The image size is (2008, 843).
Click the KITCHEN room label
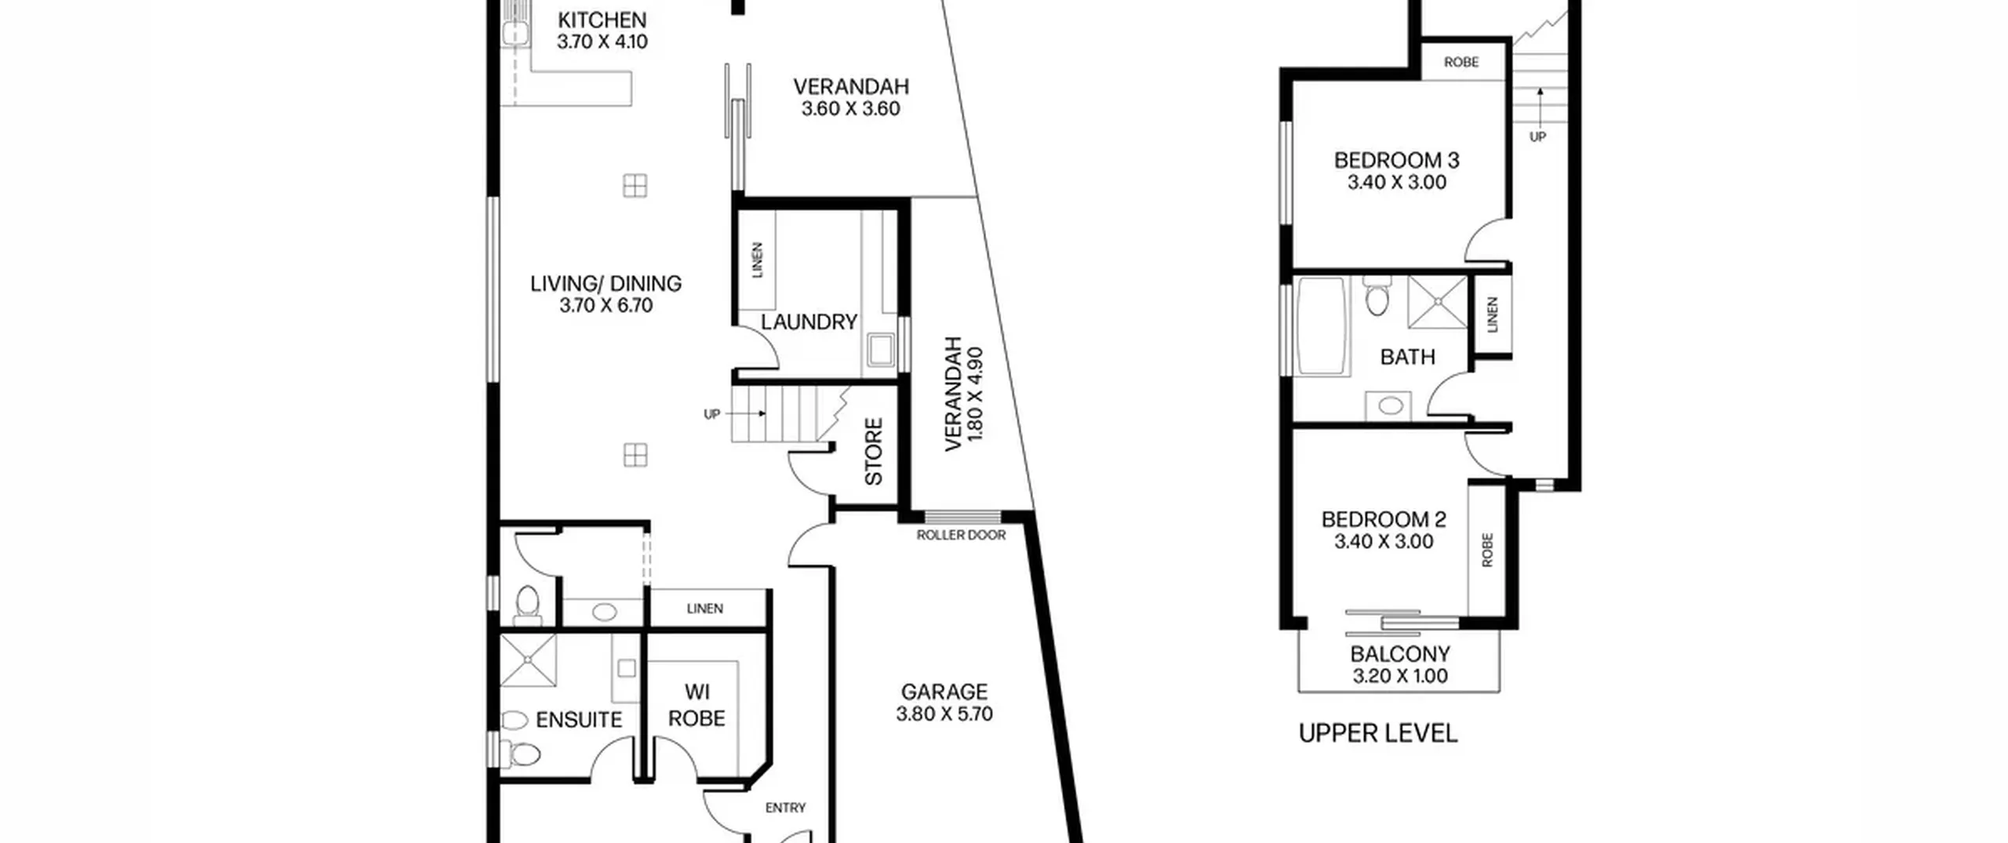[602, 20]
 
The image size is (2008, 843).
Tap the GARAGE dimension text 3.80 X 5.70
[944, 714]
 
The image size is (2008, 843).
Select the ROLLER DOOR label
[961, 535]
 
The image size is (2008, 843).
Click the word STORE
[874, 451]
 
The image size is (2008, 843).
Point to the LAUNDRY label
[809, 322]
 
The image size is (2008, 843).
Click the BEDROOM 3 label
[1396, 161]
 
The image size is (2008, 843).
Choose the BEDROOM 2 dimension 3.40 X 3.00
[1384, 542]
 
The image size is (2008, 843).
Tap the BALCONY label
[1399, 654]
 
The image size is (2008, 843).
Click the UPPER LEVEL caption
[1378, 734]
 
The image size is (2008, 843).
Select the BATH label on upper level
[1407, 358]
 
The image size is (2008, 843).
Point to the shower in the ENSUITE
[528, 660]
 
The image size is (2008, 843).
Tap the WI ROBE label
[697, 705]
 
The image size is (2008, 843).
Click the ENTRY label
[785, 808]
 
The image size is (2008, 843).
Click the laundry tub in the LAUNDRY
[879, 350]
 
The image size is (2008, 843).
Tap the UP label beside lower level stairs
[711, 414]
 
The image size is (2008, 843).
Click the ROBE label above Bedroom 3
[1461, 62]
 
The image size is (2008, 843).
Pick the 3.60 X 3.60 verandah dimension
[850, 109]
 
